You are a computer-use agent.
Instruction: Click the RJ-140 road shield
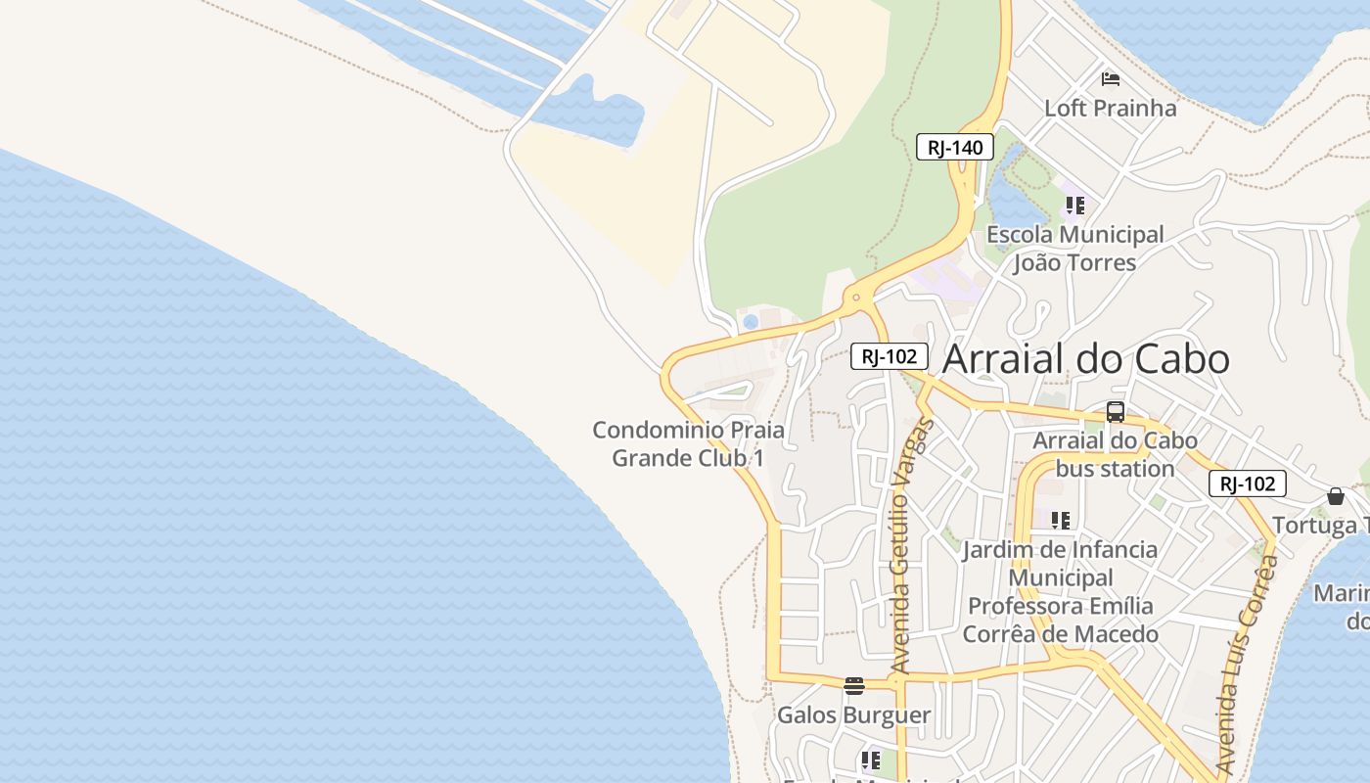955,148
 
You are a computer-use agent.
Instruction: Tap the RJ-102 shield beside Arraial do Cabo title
889,356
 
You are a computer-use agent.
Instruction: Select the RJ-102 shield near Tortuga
1247,484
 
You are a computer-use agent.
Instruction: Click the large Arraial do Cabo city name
1085,359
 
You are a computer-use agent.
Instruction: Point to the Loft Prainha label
1110,108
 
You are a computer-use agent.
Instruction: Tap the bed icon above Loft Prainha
1110,78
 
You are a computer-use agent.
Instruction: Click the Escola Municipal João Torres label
1074,249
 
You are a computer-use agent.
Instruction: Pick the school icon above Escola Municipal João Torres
1075,206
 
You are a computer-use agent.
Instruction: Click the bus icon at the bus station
1115,412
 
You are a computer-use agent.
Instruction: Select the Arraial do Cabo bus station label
1115,454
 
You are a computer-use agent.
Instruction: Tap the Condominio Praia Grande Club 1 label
688,443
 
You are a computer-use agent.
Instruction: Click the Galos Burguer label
853,715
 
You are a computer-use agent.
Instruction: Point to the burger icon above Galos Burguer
854,685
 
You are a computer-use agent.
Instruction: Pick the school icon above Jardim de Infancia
1061,520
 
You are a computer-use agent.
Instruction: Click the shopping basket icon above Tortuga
1336,496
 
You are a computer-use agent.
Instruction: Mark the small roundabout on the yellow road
856,297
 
